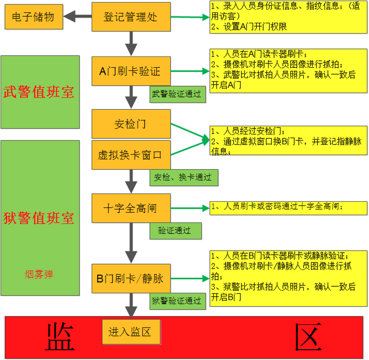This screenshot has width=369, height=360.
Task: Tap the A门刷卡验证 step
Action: point(130,70)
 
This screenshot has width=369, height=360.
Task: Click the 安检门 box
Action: point(130,124)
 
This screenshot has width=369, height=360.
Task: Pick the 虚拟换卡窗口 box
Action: point(130,155)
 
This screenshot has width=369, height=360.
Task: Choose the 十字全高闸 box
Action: point(130,208)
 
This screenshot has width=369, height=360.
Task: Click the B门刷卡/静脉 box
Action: point(130,279)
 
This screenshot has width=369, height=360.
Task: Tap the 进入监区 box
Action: point(130,331)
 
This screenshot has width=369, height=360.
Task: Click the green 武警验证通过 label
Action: point(177,93)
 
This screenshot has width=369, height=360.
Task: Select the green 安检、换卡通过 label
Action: point(183,177)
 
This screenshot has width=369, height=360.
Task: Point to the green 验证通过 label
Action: point(175,230)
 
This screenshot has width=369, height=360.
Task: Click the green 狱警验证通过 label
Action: point(177,300)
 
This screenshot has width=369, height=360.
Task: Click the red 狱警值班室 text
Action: point(39,218)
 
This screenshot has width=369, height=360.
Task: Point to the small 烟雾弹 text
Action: point(39,274)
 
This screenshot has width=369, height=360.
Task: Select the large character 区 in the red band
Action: point(309,337)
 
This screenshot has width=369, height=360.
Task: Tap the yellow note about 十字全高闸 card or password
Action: point(286,206)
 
